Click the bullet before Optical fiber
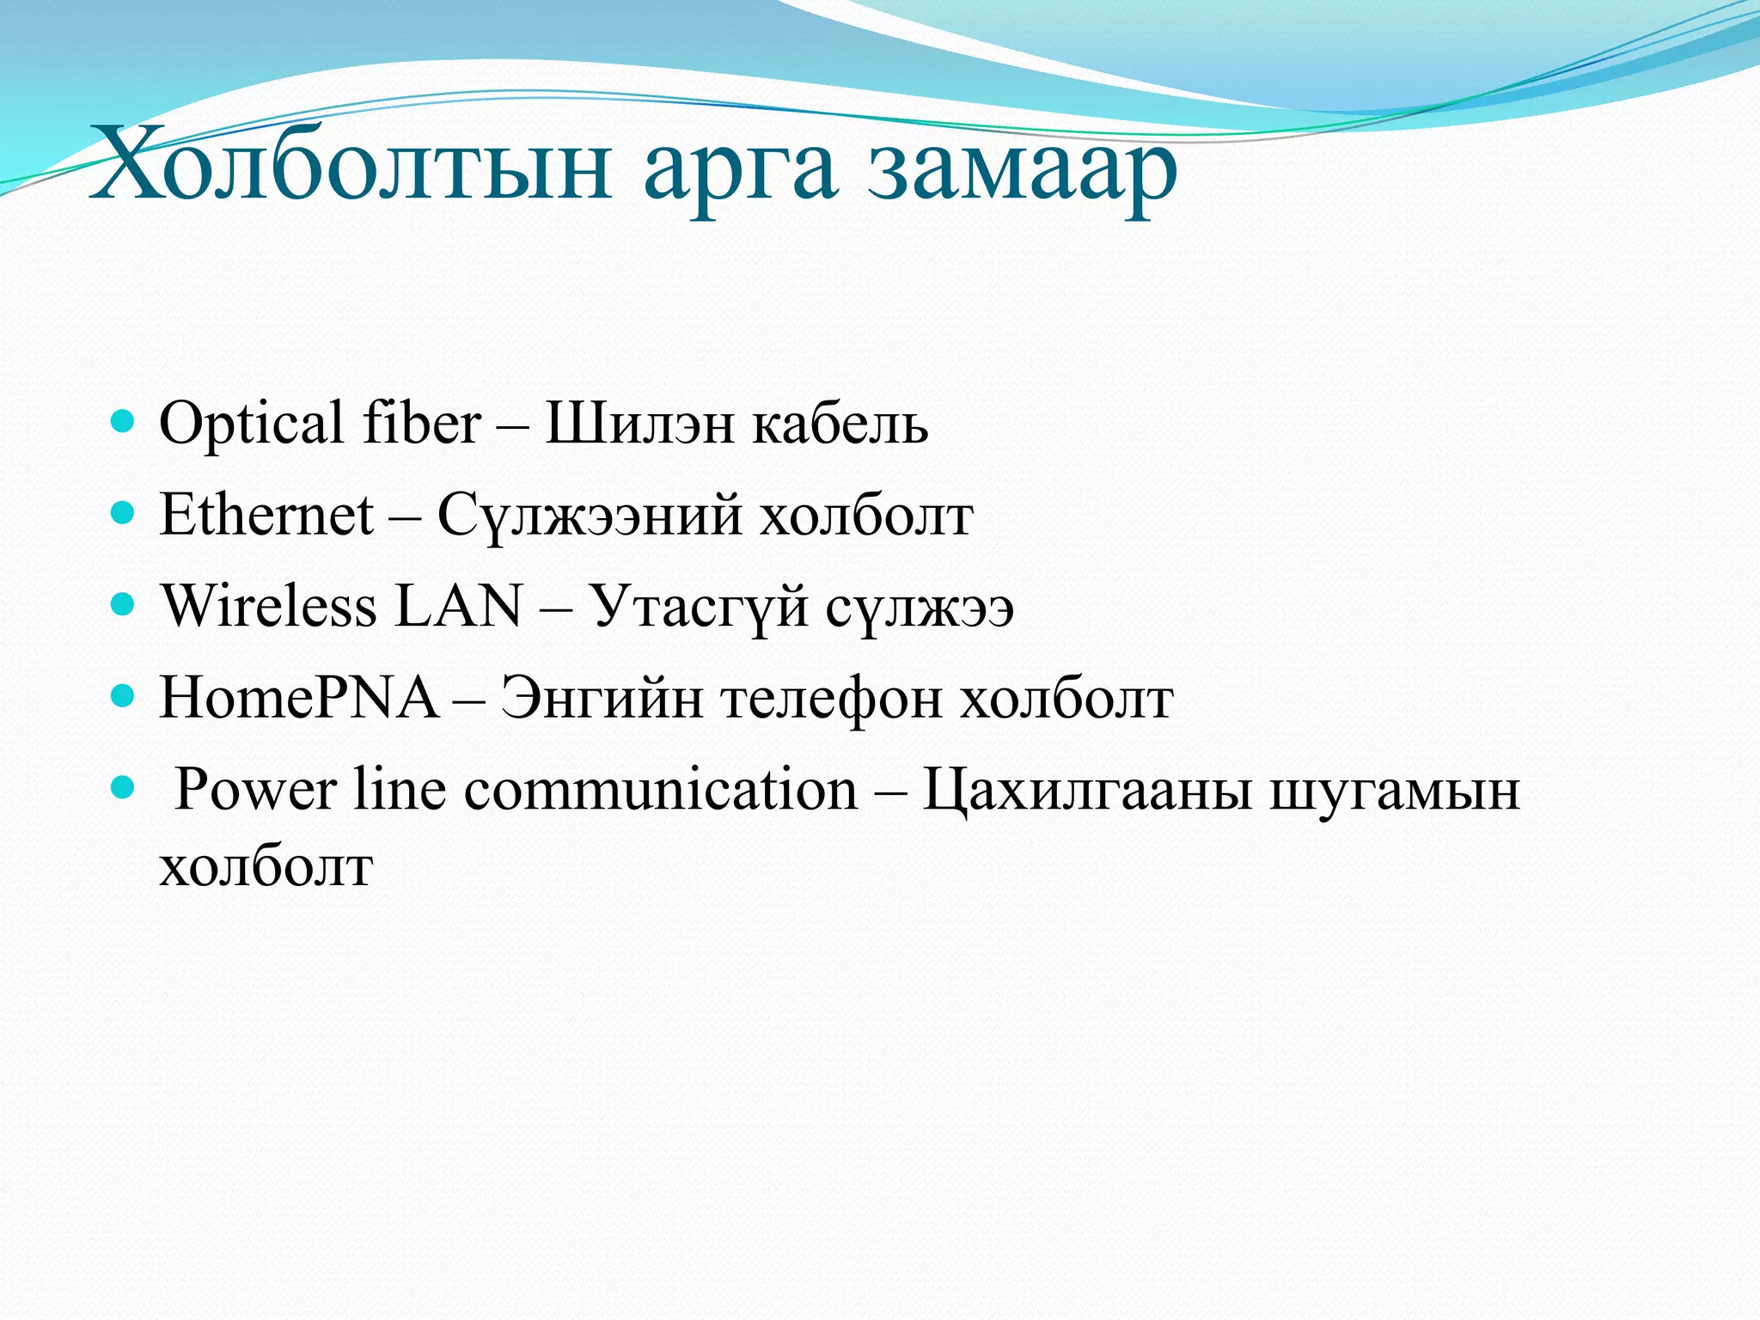[x=124, y=421]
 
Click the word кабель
[x=840, y=425]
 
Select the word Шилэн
[x=640, y=425]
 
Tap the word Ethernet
[x=266, y=515]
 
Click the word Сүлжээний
[x=590, y=516]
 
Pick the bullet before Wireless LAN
[x=124, y=604]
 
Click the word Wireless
[x=269, y=606]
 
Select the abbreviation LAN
[x=457, y=606]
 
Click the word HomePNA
[x=298, y=697]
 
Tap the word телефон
[x=832, y=699]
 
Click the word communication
[x=661, y=789]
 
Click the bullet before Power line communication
[x=124, y=786]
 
